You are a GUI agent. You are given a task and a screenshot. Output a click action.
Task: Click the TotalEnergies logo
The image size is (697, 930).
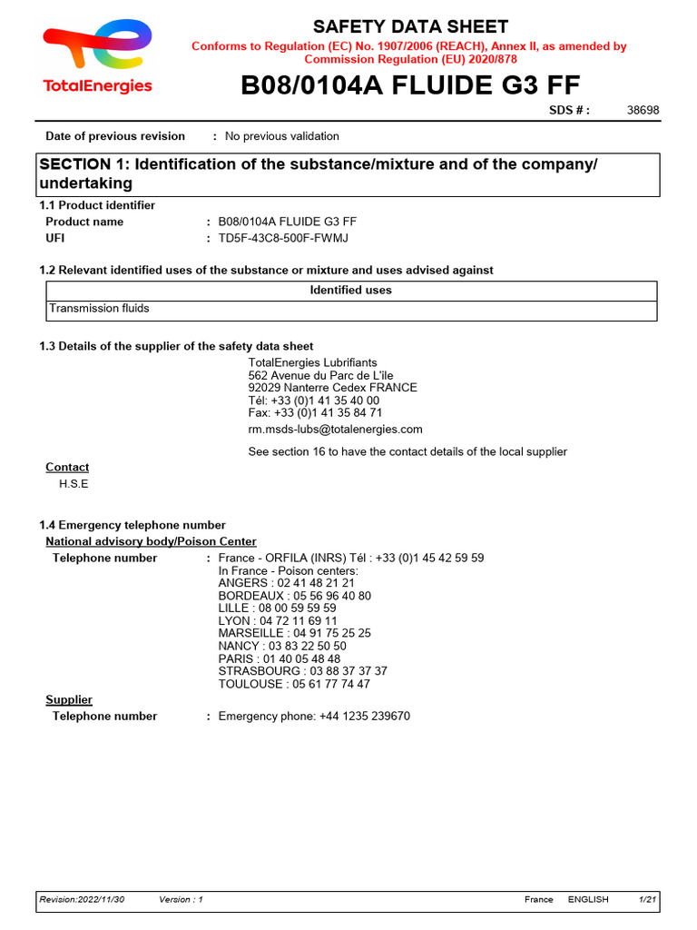[97, 57]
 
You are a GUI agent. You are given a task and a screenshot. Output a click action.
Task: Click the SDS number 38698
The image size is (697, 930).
[643, 110]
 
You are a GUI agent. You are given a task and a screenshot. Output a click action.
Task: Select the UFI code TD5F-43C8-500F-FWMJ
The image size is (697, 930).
[283, 238]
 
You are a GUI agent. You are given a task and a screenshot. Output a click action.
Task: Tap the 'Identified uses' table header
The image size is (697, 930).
[351, 291]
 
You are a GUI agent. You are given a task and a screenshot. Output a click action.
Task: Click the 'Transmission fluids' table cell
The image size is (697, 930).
[99, 309]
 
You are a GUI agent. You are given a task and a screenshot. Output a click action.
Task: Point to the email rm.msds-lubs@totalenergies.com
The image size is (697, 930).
[335, 429]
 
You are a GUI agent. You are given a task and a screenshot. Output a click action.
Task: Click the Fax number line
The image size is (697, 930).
[315, 412]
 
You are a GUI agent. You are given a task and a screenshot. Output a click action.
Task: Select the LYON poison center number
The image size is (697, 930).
[278, 621]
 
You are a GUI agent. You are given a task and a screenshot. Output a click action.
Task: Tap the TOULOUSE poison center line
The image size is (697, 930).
[294, 684]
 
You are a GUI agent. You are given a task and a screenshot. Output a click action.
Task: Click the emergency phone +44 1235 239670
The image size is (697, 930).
[314, 716]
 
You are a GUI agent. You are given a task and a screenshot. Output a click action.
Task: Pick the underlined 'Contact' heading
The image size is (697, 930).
[67, 467]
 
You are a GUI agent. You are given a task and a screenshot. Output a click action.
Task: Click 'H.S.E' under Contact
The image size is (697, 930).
[74, 484]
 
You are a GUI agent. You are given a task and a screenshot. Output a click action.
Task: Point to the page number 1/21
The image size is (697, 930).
[647, 899]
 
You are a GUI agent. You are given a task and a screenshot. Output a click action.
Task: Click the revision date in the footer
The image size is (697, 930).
[82, 899]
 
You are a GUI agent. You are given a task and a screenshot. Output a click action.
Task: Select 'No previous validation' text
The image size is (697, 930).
[281, 136]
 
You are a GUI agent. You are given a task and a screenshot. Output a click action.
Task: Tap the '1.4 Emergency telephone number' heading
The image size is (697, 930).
[133, 525]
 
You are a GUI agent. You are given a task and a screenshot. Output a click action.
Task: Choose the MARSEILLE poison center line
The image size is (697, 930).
[294, 633]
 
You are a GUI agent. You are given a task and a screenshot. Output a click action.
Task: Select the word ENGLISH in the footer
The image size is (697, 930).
[588, 899]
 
